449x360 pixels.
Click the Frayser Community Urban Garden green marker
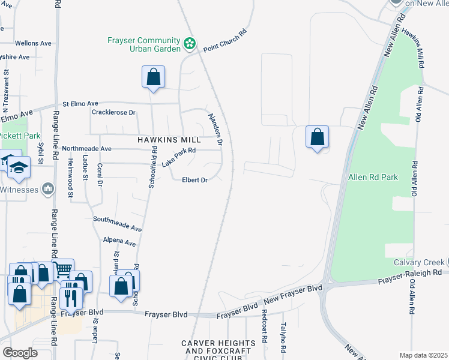click(190, 43)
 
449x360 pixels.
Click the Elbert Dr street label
click(195, 180)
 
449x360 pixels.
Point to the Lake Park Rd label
click(179, 158)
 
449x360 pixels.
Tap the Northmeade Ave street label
click(87, 148)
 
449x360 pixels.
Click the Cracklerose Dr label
click(114, 112)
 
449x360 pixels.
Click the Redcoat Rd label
click(264, 326)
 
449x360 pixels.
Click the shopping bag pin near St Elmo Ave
click(154, 77)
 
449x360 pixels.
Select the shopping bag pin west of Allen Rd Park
click(317, 137)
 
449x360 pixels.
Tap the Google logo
click(20, 353)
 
